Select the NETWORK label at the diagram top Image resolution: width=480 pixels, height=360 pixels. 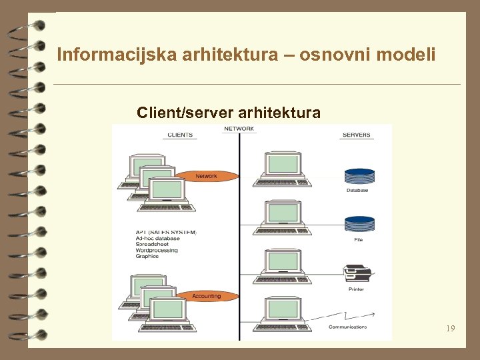239,129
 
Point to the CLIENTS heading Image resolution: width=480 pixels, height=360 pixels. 180,135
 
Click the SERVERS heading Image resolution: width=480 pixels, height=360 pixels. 357,135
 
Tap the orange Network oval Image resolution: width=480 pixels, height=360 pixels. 207,176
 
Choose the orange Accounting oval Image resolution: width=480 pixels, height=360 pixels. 207,296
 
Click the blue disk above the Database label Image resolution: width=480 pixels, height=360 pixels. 359,177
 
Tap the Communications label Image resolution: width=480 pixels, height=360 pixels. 347,327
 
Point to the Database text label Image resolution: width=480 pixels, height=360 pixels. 357,191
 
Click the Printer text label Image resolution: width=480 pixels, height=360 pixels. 357,289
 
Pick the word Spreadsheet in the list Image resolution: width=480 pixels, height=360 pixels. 152,244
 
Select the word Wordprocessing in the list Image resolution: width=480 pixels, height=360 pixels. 157,250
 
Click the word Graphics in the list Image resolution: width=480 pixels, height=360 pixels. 147,256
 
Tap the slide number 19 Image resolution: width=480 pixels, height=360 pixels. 451,329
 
